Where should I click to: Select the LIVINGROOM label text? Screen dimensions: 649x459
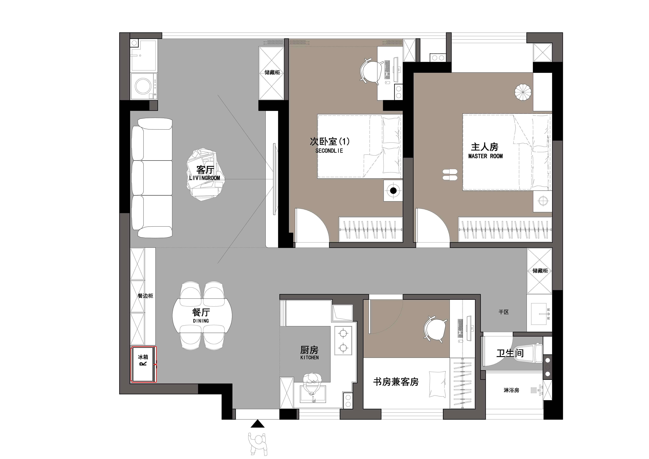click(x=205, y=178)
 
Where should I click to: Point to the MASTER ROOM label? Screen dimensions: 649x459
click(x=485, y=156)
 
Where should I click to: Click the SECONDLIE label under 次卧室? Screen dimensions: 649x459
click(x=329, y=151)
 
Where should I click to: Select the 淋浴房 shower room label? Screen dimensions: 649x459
click(x=511, y=390)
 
